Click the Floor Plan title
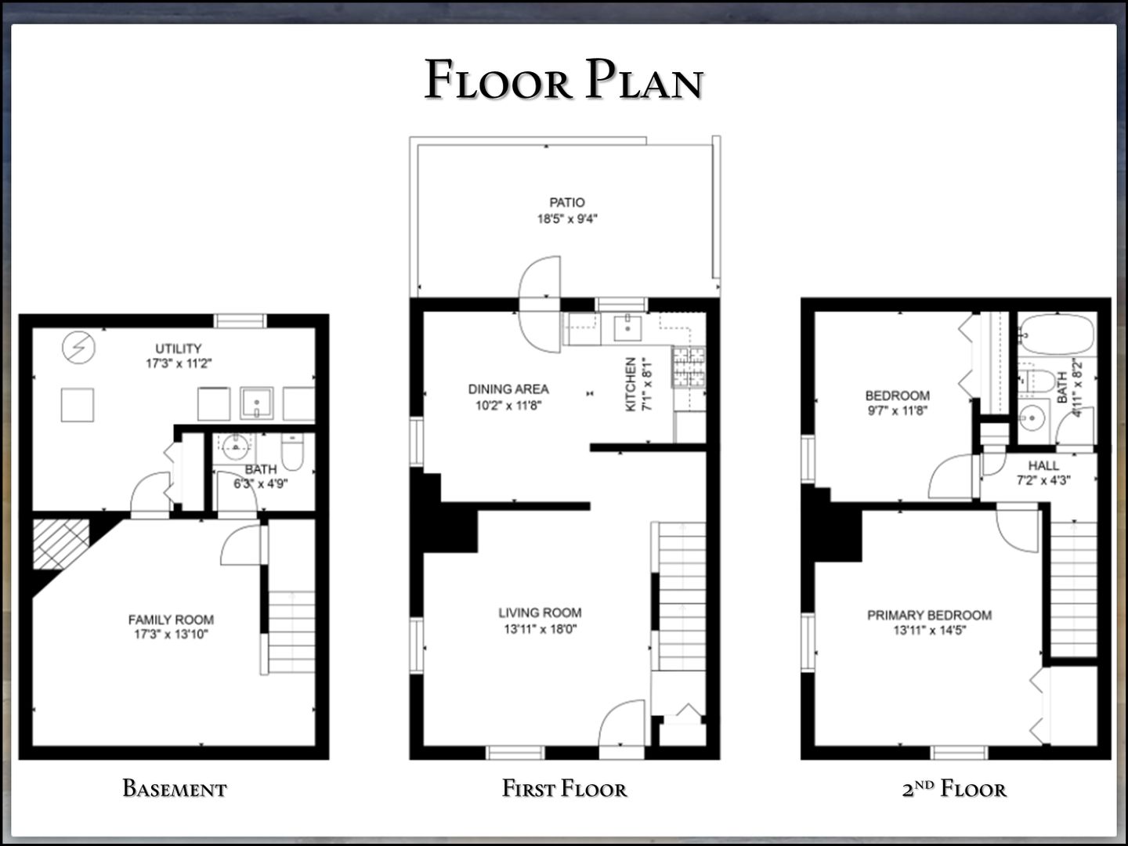564,79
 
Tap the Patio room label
567,202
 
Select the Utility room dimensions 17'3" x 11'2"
179,363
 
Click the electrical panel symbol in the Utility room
78,348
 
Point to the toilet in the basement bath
292,451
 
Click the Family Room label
171,620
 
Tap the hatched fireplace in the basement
60,544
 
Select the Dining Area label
508,389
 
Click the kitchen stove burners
689,367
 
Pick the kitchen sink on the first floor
627,328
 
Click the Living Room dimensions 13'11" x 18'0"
540,629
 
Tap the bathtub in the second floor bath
1057,334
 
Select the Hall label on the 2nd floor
1043,465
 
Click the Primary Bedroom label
929,615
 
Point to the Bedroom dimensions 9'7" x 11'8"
897,411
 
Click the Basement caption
174,789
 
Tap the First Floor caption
564,789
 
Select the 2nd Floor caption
954,789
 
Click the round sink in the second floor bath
1032,418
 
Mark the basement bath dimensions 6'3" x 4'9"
261,484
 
